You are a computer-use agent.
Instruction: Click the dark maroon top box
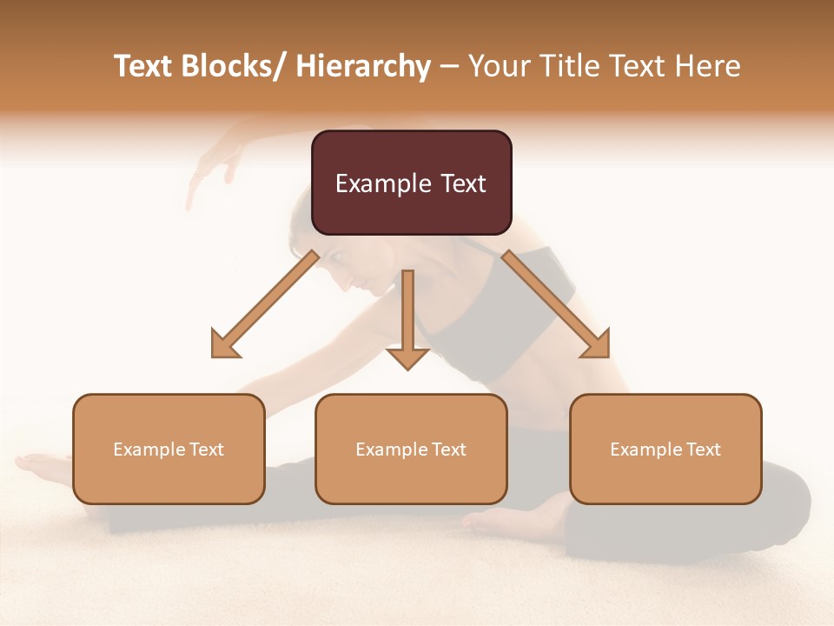(x=411, y=183)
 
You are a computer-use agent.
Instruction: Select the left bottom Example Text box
(x=169, y=449)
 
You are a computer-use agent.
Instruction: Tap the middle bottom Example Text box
(x=411, y=449)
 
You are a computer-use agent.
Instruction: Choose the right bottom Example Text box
(x=665, y=449)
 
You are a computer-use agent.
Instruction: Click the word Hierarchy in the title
(x=363, y=66)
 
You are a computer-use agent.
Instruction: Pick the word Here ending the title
(x=706, y=66)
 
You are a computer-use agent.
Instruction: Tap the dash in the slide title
(x=449, y=66)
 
